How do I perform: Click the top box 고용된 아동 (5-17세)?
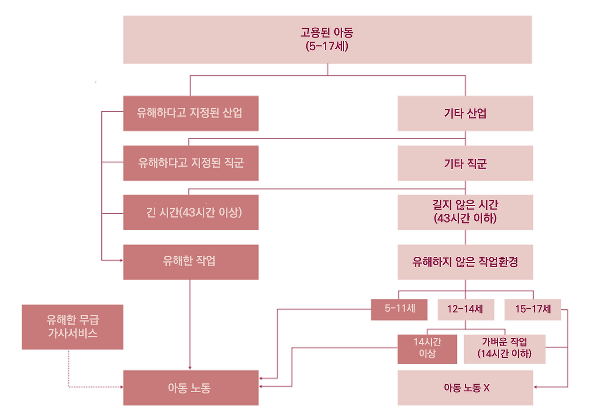pyautogui.click(x=327, y=39)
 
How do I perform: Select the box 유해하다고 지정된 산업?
pyautogui.click(x=190, y=113)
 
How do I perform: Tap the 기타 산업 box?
pyautogui.click(x=465, y=113)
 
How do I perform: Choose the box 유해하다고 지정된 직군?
pyautogui.click(x=190, y=163)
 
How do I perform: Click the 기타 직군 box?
pyautogui.click(x=465, y=163)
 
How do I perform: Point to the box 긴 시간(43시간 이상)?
pyautogui.click(x=190, y=212)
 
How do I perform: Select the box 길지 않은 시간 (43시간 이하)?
pyautogui.click(x=465, y=212)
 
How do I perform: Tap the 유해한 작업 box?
pyautogui.click(x=190, y=262)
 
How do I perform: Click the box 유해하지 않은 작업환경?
pyautogui.click(x=465, y=262)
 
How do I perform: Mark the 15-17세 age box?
pyautogui.click(x=532, y=309)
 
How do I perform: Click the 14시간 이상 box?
pyautogui.click(x=427, y=349)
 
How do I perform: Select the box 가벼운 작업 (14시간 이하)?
pyautogui.click(x=504, y=349)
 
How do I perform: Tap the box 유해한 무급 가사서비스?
pyautogui.click(x=72, y=327)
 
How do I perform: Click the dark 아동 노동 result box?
pyautogui.click(x=190, y=387)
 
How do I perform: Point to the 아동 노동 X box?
pyautogui.click(x=465, y=387)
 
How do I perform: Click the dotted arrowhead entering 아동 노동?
pyautogui.click(x=121, y=387)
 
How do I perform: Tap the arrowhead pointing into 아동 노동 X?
pyautogui.click(x=536, y=387)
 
